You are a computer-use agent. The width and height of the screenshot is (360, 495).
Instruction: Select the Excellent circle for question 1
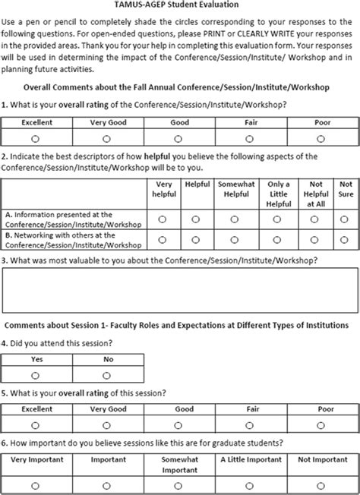pyautogui.click(x=36, y=138)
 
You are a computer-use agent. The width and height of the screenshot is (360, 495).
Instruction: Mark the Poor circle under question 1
pyautogui.click(x=321, y=138)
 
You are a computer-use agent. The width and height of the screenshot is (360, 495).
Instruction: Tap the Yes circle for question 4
pyautogui.click(x=36, y=375)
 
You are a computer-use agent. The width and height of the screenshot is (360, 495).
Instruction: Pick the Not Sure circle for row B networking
pyautogui.click(x=346, y=240)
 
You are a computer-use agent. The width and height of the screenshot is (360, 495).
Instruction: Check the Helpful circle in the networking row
pyautogui.click(x=196, y=240)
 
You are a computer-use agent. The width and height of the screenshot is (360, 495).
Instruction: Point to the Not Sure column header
pyautogui.click(x=346, y=188)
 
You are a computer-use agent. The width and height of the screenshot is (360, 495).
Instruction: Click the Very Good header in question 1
pyautogui.click(x=107, y=121)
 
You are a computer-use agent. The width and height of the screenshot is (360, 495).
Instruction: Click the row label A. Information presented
pyautogui.click(x=70, y=219)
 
